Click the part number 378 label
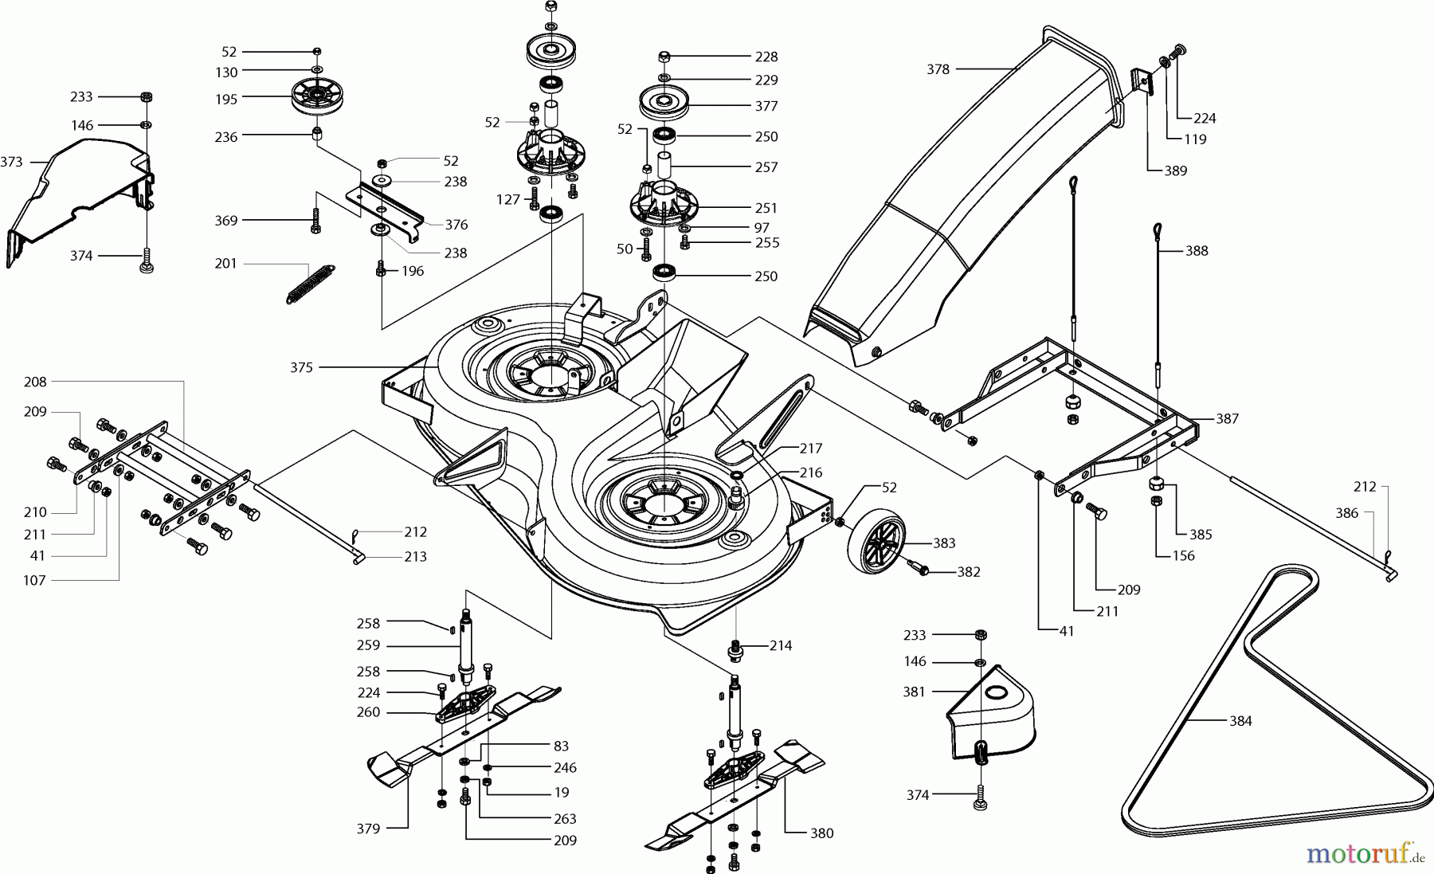pos(938,69)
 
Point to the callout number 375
pos(301,367)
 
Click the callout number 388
pos(1197,250)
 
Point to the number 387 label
pos(1227,418)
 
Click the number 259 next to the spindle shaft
pos(368,645)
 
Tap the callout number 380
pos(821,833)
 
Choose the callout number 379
pos(368,829)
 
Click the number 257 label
pos(766,167)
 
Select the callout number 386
pos(1346,513)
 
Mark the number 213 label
pos(415,556)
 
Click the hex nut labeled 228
pos(665,57)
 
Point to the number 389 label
pos(1175,170)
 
